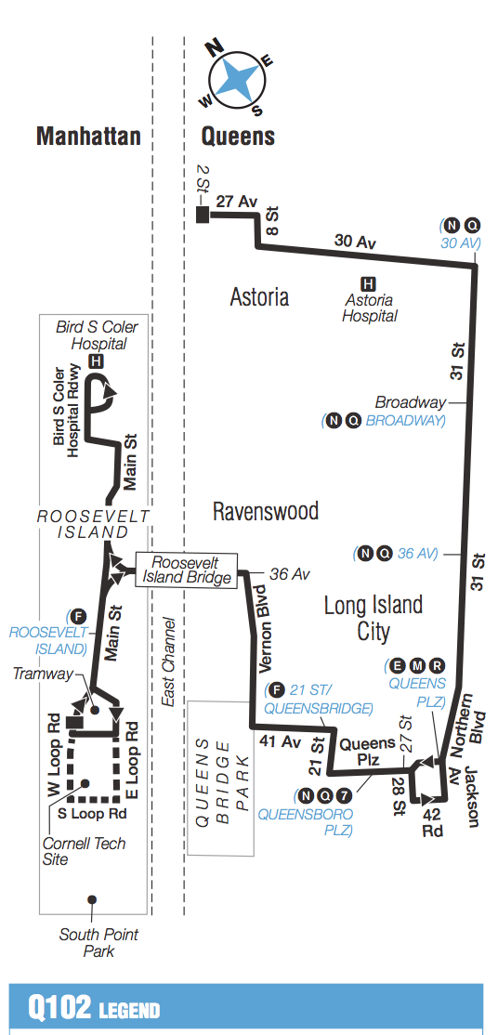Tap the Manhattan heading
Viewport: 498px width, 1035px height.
pyautogui.click(x=88, y=137)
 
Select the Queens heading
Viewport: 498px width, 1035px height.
pyautogui.click(x=239, y=137)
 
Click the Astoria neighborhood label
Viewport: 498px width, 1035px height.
pyautogui.click(x=259, y=296)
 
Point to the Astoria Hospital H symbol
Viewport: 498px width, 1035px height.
pyautogui.click(x=368, y=282)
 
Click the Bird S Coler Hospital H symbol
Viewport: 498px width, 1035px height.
pyautogui.click(x=94, y=360)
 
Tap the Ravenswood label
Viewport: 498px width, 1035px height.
pyautogui.click(x=265, y=511)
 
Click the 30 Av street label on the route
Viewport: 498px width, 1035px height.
pyautogui.click(x=355, y=242)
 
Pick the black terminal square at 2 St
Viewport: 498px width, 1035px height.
pyautogui.click(x=202, y=216)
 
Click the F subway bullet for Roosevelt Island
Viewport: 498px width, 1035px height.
pyautogui.click(x=78, y=615)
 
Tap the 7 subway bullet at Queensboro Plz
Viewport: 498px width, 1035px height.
pyautogui.click(x=345, y=795)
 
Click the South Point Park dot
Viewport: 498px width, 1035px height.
pyautogui.click(x=91, y=899)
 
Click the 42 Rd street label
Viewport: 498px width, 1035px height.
pyautogui.click(x=433, y=822)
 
